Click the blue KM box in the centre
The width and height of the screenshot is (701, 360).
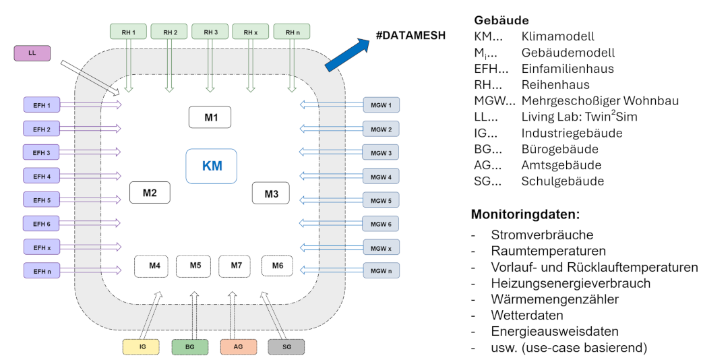click(x=212, y=165)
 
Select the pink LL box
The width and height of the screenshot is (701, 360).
click(x=32, y=53)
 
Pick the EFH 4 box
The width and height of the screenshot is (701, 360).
click(x=42, y=177)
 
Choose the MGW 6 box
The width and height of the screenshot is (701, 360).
click(x=381, y=224)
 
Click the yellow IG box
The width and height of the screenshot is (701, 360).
click(x=142, y=347)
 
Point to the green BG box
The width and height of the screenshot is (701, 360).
click(x=190, y=347)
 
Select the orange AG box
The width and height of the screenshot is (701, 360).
click(x=238, y=347)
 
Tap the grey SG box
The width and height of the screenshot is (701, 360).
click(x=286, y=347)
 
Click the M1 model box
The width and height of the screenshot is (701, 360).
click(x=210, y=117)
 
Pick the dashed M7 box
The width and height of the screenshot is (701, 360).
click(x=236, y=266)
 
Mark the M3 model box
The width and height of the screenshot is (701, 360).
click(x=271, y=193)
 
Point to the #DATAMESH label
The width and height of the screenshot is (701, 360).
click(x=410, y=36)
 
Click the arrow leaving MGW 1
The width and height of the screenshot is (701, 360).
click(x=330, y=104)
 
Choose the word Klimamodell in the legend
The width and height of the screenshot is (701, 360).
click(x=558, y=36)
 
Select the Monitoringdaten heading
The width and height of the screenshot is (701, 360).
click(x=525, y=216)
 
